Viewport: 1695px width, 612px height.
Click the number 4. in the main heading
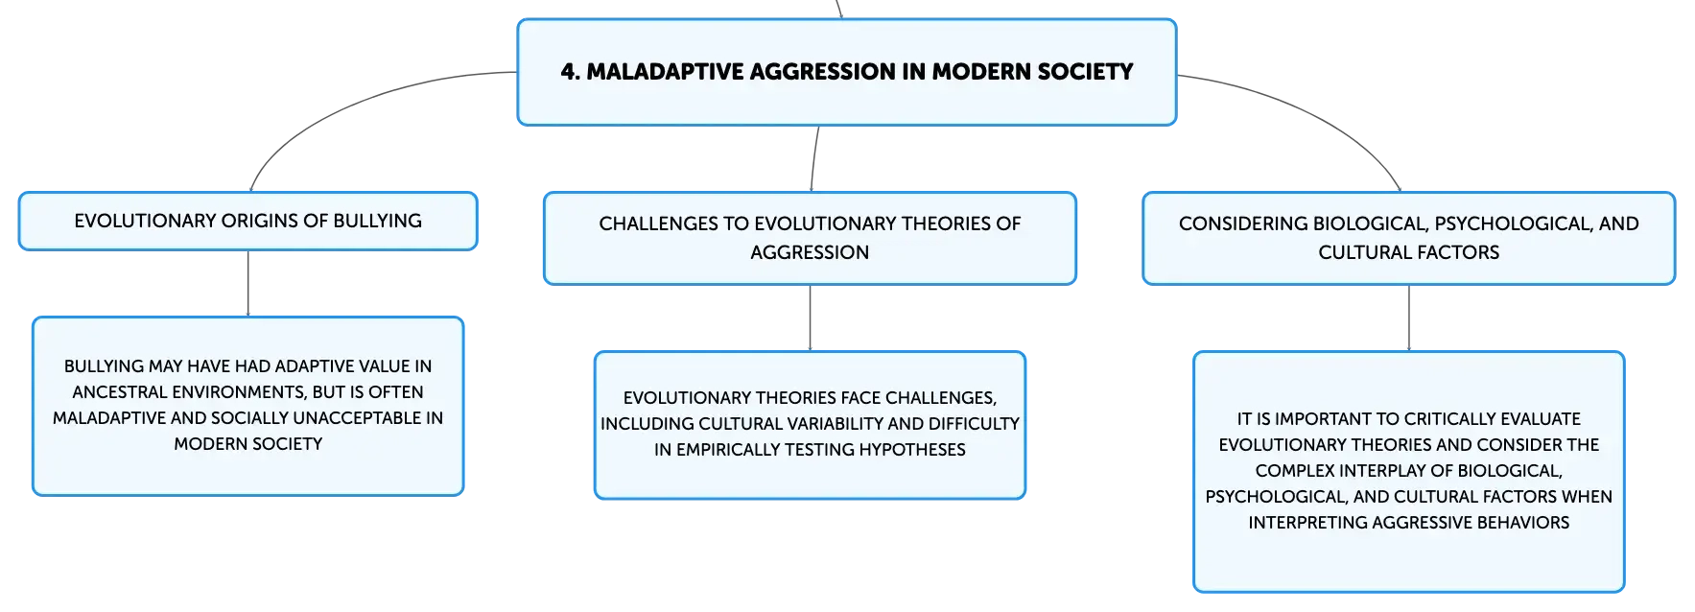(x=571, y=72)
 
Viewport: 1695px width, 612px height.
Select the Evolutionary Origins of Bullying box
(x=248, y=221)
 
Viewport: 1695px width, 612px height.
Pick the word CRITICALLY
(x=1451, y=419)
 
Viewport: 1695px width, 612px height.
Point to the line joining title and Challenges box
(x=814, y=158)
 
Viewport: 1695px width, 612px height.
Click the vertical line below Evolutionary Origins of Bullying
(x=248, y=284)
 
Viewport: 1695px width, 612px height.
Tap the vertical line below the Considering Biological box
(x=1409, y=318)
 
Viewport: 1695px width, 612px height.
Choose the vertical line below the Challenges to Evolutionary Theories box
(x=811, y=318)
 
